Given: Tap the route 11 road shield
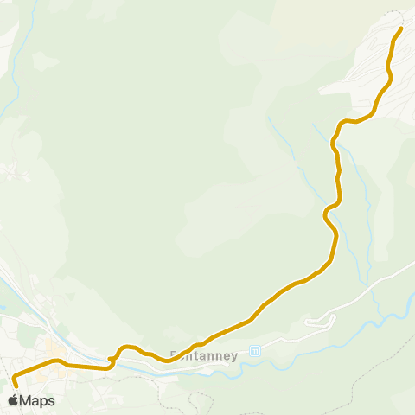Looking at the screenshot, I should (x=254, y=351).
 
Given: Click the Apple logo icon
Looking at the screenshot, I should (x=13, y=400).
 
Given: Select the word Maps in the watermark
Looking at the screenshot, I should (x=38, y=401).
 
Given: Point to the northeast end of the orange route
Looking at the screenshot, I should (x=401, y=29).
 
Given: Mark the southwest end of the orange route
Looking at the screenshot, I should (x=14, y=377).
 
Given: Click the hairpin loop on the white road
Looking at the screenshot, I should (x=329, y=319).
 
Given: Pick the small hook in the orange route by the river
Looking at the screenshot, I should (x=112, y=358).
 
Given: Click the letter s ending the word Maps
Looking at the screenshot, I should (x=52, y=401).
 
